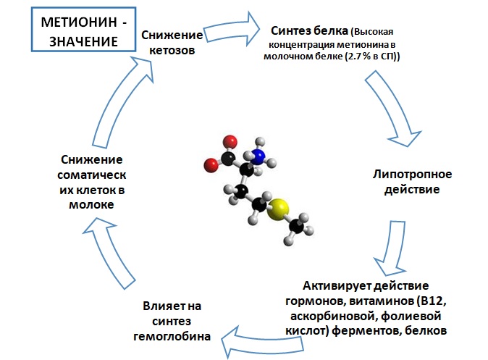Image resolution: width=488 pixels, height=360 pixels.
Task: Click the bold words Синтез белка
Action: tap(309, 31)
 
